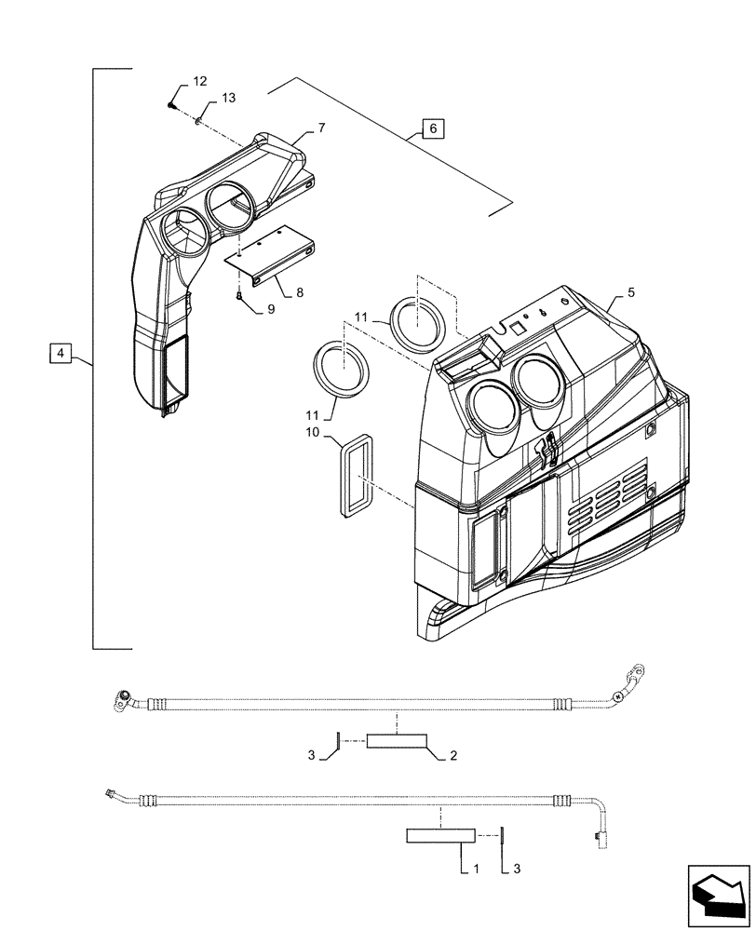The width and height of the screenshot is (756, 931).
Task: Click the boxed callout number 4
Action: click(60, 353)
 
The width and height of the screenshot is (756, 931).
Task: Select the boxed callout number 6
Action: click(432, 128)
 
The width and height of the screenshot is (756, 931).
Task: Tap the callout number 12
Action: click(201, 83)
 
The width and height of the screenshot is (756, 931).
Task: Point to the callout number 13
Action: click(229, 99)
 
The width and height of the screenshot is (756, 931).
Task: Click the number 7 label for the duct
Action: click(321, 128)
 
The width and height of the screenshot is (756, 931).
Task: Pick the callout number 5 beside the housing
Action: click(631, 292)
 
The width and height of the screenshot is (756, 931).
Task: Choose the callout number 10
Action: click(312, 433)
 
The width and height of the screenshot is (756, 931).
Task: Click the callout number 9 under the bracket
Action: click(270, 308)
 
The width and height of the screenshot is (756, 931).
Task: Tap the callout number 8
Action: click(300, 292)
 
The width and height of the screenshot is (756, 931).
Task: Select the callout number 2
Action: click(453, 757)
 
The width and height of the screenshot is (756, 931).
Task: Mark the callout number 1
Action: click(476, 869)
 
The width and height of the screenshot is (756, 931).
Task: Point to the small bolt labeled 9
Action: click(239, 296)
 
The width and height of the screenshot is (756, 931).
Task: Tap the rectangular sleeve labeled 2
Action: click(397, 741)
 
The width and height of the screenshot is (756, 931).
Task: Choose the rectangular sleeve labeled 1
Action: click(440, 836)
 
